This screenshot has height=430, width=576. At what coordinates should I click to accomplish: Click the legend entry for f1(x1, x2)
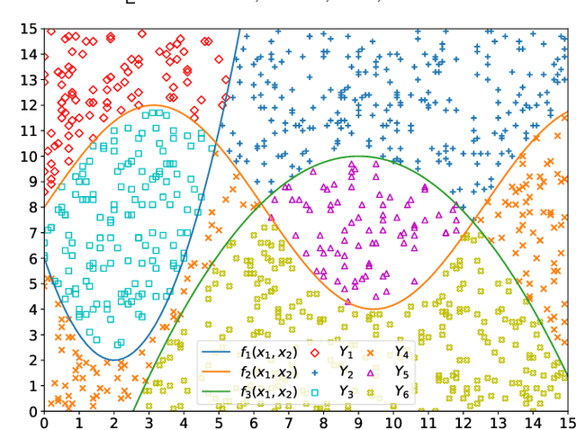(268, 352)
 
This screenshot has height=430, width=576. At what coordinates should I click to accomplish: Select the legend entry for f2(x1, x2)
(268, 372)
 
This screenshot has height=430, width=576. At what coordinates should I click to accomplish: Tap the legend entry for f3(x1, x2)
(268, 392)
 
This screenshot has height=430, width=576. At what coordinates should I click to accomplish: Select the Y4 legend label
(402, 352)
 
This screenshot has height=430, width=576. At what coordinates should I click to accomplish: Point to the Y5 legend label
(402, 372)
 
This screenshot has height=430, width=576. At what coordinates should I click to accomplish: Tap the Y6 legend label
(402, 392)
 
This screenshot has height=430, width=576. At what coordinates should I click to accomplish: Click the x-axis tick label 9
(358, 421)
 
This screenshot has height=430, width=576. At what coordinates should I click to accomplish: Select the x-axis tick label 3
(148, 421)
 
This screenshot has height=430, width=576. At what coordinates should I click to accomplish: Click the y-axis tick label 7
(32, 233)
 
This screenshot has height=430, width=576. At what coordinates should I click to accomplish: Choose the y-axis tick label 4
(32, 309)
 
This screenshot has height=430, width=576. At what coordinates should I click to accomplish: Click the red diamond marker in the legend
(314, 352)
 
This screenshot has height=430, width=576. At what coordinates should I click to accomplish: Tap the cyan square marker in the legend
(314, 392)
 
